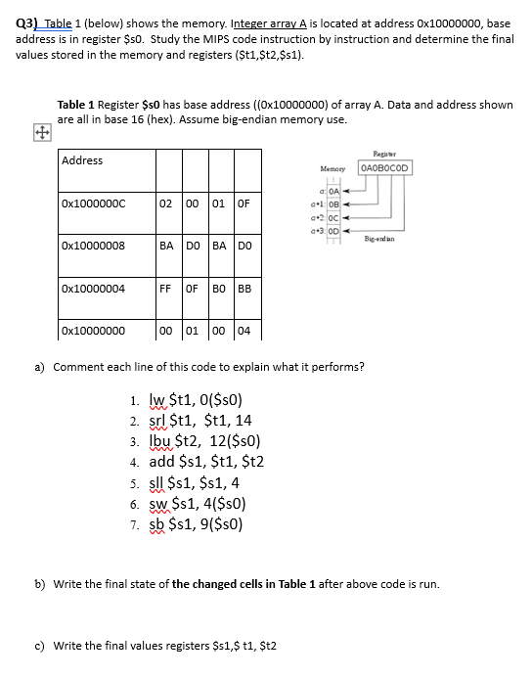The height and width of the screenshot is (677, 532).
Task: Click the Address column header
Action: (x=82, y=160)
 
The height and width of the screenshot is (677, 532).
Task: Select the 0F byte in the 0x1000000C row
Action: (x=244, y=203)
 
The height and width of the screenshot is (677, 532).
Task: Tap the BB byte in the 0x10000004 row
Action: (x=244, y=288)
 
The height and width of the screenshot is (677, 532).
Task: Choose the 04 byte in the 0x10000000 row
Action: (x=244, y=331)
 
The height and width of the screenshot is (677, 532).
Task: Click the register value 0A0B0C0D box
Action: (x=385, y=167)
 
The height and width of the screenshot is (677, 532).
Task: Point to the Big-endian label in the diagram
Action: (x=377, y=239)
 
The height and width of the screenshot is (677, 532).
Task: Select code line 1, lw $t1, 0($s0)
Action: (x=187, y=399)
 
